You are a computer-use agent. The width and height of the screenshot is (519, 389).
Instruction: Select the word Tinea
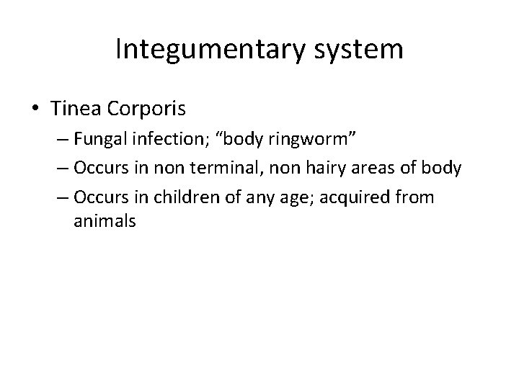pos(76,109)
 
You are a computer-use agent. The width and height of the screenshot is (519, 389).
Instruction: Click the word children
pos(182,197)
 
